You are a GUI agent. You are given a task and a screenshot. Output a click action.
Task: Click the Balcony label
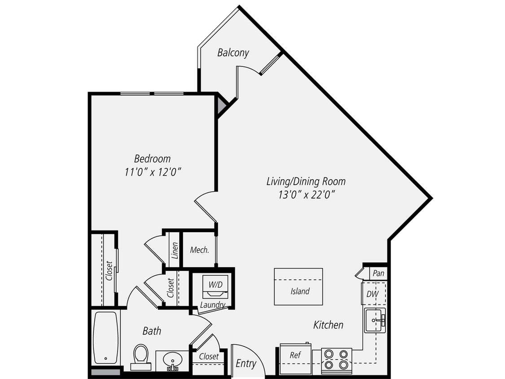233,53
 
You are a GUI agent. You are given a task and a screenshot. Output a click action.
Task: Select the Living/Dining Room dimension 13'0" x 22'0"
306,194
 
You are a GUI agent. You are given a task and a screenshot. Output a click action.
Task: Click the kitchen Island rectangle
299,286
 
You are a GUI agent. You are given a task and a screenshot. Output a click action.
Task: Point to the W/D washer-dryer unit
215,287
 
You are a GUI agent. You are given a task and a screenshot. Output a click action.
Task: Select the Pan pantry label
378,273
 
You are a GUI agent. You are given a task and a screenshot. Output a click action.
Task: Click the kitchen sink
374,321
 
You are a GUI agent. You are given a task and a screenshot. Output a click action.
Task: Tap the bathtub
106,337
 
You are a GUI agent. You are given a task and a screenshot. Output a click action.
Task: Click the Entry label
246,363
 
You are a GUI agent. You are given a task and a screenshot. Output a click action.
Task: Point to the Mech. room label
199,250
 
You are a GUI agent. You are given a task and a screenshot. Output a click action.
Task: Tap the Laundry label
212,305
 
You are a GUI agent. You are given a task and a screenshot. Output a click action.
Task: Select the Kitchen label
328,325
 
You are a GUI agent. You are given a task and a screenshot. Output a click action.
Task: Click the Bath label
152,331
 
